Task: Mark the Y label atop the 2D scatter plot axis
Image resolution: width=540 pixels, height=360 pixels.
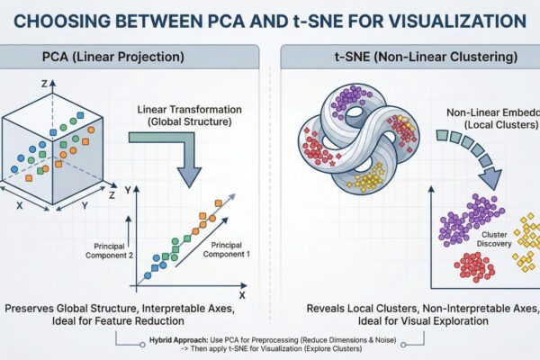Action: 128,190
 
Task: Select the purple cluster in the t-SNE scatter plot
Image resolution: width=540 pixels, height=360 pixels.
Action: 468,219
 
